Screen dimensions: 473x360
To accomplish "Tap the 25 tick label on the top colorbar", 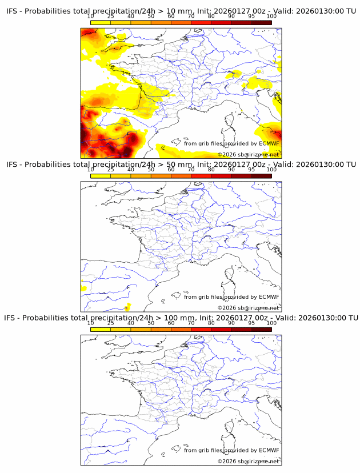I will tap(111, 16).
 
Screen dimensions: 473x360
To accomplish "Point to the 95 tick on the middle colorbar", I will tap(251, 170).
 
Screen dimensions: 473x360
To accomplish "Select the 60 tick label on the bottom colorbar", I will tap(171, 323).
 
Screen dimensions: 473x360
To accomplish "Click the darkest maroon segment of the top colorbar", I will tap(261, 22).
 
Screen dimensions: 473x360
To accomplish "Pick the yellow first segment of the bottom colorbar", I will tap(101, 330).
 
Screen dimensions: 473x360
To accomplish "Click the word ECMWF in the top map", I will tap(269, 143).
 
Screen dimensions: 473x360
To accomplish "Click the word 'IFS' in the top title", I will tap(12, 10).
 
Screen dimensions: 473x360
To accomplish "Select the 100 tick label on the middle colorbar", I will tap(271, 170).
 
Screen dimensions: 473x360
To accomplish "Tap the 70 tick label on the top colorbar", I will tap(191, 16).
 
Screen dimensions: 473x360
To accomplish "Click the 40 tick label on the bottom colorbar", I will tap(131, 323).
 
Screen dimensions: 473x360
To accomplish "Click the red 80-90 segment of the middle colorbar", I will tap(221, 177).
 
